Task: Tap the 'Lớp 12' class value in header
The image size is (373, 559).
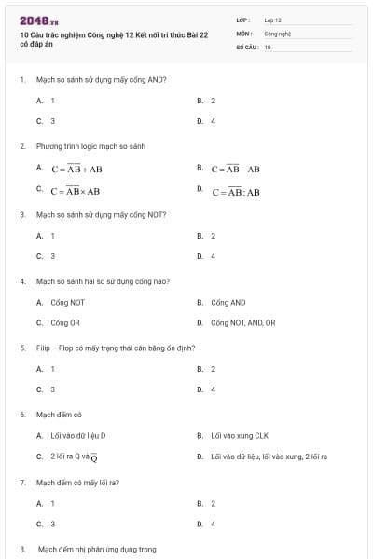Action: point(272,20)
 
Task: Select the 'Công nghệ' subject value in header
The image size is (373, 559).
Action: point(278,33)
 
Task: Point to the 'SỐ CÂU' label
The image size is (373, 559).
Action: point(246,46)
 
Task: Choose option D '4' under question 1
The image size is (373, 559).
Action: point(213,121)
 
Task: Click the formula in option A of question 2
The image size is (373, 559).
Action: point(77,170)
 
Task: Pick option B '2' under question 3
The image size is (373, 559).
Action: point(213,236)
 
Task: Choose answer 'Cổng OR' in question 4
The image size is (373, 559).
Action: point(60,322)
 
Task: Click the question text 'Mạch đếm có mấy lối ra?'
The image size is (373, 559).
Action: point(77,483)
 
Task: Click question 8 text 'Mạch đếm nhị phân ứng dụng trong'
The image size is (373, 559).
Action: point(96,550)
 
